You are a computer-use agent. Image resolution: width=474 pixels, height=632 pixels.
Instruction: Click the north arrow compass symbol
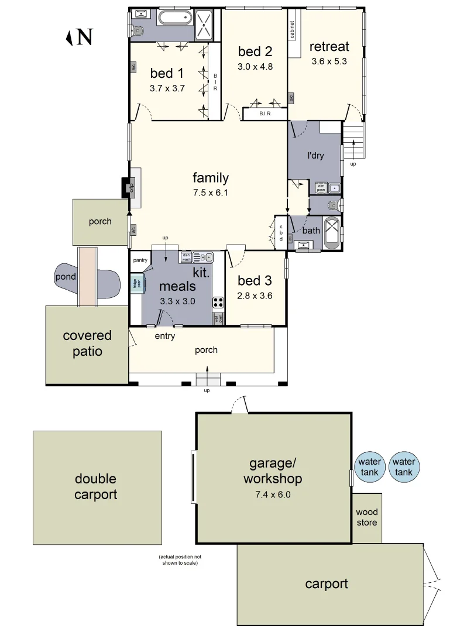(78, 37)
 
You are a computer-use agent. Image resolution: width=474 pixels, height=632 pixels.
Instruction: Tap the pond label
(66, 277)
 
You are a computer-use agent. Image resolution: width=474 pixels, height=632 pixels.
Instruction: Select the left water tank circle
(369, 467)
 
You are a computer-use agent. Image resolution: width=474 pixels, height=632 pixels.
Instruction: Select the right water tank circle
(404, 467)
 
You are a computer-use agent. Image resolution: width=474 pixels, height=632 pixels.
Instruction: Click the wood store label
(367, 517)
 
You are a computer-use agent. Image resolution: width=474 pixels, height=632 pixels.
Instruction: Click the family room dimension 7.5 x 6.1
(211, 192)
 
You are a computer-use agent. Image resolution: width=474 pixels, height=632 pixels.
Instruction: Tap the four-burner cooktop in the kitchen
(218, 303)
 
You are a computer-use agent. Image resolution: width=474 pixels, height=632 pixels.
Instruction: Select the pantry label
(140, 260)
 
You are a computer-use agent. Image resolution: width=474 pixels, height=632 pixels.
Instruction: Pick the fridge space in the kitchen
(136, 284)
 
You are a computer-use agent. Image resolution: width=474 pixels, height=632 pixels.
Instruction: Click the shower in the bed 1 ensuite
(206, 25)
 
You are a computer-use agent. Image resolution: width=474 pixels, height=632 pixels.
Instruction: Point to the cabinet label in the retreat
(292, 28)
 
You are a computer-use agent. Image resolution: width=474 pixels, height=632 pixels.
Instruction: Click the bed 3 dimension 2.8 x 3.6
(255, 296)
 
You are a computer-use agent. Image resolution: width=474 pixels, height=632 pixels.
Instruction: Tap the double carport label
(96, 487)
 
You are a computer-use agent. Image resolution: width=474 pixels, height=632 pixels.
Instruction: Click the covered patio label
(87, 344)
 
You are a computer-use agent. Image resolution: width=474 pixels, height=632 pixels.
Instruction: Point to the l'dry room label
(315, 156)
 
